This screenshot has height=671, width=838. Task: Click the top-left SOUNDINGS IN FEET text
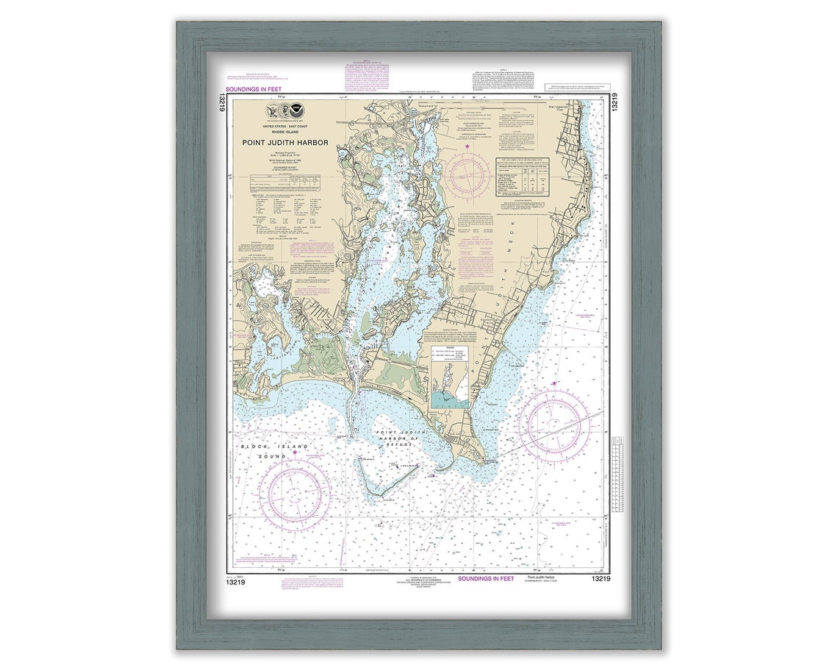click(x=254, y=90)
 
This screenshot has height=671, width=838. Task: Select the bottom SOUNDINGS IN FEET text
click(x=487, y=579)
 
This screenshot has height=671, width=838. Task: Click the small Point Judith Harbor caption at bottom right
click(x=543, y=578)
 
